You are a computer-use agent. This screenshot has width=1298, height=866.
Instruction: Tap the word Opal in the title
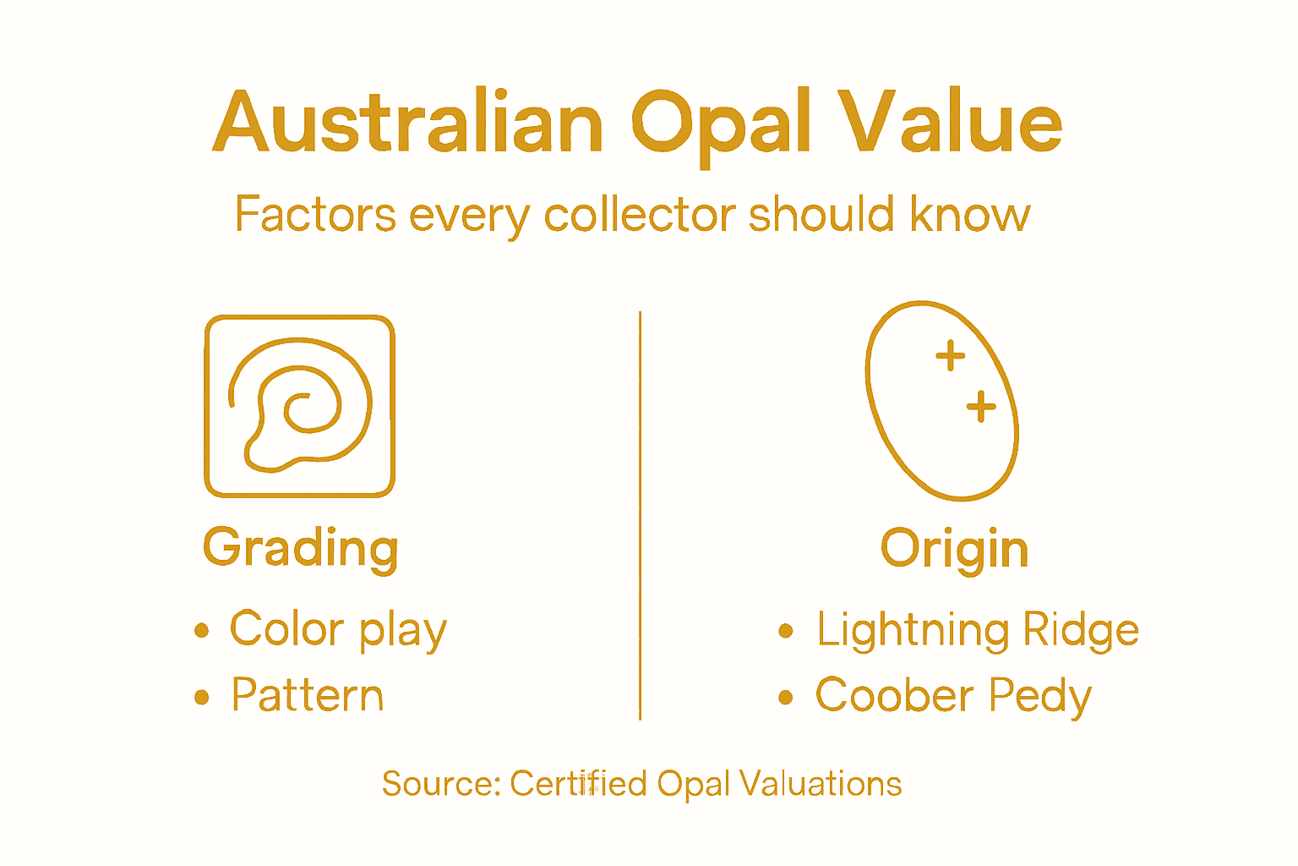pyautogui.click(x=721, y=124)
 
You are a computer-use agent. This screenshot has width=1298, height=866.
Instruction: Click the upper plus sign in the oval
pyautogui.click(x=951, y=355)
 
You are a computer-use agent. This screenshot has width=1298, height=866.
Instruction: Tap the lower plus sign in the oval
pyautogui.click(x=981, y=407)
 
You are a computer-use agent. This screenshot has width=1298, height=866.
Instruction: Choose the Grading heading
pyautogui.click(x=300, y=548)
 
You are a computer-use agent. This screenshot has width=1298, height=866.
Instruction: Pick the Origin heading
pyautogui.click(x=954, y=548)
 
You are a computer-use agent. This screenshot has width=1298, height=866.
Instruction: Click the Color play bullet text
pyautogui.click(x=338, y=630)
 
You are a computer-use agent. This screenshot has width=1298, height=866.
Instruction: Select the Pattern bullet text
pyautogui.click(x=308, y=696)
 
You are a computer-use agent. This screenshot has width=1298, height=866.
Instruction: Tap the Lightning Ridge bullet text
pyautogui.click(x=977, y=630)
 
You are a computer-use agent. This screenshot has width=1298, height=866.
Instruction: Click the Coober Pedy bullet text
pyautogui.click(x=953, y=696)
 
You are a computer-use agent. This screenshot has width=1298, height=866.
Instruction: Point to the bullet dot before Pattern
pyautogui.click(x=201, y=698)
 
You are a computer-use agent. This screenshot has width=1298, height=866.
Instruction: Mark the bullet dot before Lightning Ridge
pyautogui.click(x=786, y=631)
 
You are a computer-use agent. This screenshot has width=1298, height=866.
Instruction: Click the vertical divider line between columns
pyautogui.click(x=641, y=516)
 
